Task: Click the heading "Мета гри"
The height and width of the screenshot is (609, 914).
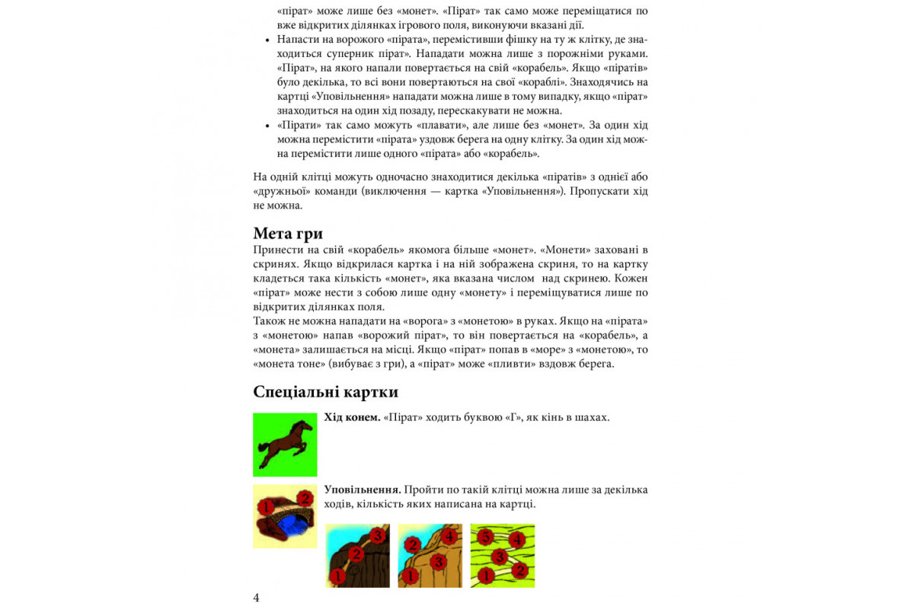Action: coord(288,233)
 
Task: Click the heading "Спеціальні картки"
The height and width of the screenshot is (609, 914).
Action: coord(325,392)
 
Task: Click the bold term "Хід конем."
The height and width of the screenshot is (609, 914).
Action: coord(352,417)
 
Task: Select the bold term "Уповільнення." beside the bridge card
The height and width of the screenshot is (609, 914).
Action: coord(363,489)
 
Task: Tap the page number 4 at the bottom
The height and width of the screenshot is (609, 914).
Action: coord(256,598)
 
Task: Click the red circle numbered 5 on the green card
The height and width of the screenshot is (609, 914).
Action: coord(485,537)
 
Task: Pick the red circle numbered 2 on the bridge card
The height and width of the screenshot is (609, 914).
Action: coord(305,498)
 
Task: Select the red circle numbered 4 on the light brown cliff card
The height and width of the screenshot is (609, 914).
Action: coord(449,536)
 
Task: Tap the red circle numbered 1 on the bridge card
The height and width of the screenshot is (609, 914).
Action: coord(265,506)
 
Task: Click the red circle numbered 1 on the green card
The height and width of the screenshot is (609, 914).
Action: coord(484,576)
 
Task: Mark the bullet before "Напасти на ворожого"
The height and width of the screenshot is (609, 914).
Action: coord(267,40)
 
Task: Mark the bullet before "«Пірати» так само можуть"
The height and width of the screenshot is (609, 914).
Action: coord(267,126)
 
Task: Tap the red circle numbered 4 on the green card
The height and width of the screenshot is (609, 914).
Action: coord(517,540)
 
